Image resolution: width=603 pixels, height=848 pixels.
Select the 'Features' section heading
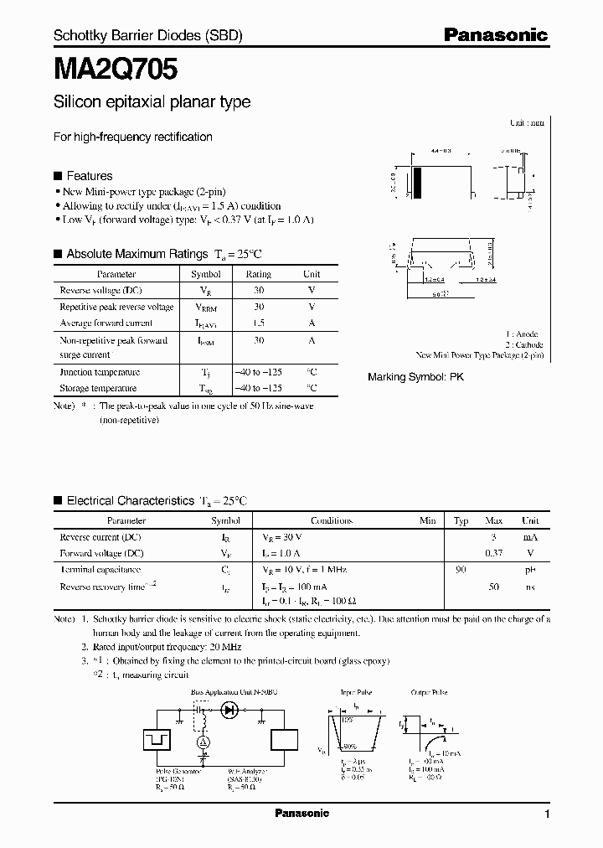[89, 176]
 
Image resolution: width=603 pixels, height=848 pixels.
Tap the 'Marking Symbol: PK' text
[415, 377]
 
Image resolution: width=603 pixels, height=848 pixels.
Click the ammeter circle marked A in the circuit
[201, 742]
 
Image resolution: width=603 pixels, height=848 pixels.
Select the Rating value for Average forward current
[259, 323]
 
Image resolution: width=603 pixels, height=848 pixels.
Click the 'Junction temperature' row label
[100, 372]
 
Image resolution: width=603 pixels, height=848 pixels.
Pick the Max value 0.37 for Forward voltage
[494, 553]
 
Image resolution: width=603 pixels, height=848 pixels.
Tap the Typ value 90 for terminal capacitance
[461, 570]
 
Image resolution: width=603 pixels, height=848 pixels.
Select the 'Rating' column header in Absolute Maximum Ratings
[258, 274]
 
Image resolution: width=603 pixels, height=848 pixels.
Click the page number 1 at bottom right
[547, 814]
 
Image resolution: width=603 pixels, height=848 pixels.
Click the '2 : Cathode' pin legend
[523, 344]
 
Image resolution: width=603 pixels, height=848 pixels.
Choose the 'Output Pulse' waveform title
[429, 693]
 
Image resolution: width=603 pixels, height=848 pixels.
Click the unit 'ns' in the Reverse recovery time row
[530, 587]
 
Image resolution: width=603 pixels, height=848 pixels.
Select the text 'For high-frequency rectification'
[133, 137]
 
